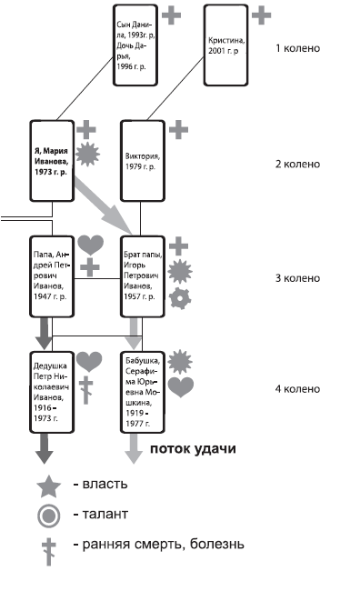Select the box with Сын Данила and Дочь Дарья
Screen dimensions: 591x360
(135, 45)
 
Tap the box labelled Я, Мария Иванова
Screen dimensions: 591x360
(52, 162)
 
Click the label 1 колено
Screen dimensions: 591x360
(297, 46)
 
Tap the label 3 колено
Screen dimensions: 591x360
(297, 278)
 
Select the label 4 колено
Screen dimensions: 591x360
(297, 389)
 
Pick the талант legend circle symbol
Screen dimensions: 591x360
(49, 516)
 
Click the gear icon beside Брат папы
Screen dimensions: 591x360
(180, 297)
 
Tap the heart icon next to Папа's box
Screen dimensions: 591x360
(89, 244)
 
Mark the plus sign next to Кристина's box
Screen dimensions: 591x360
(261, 15)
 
